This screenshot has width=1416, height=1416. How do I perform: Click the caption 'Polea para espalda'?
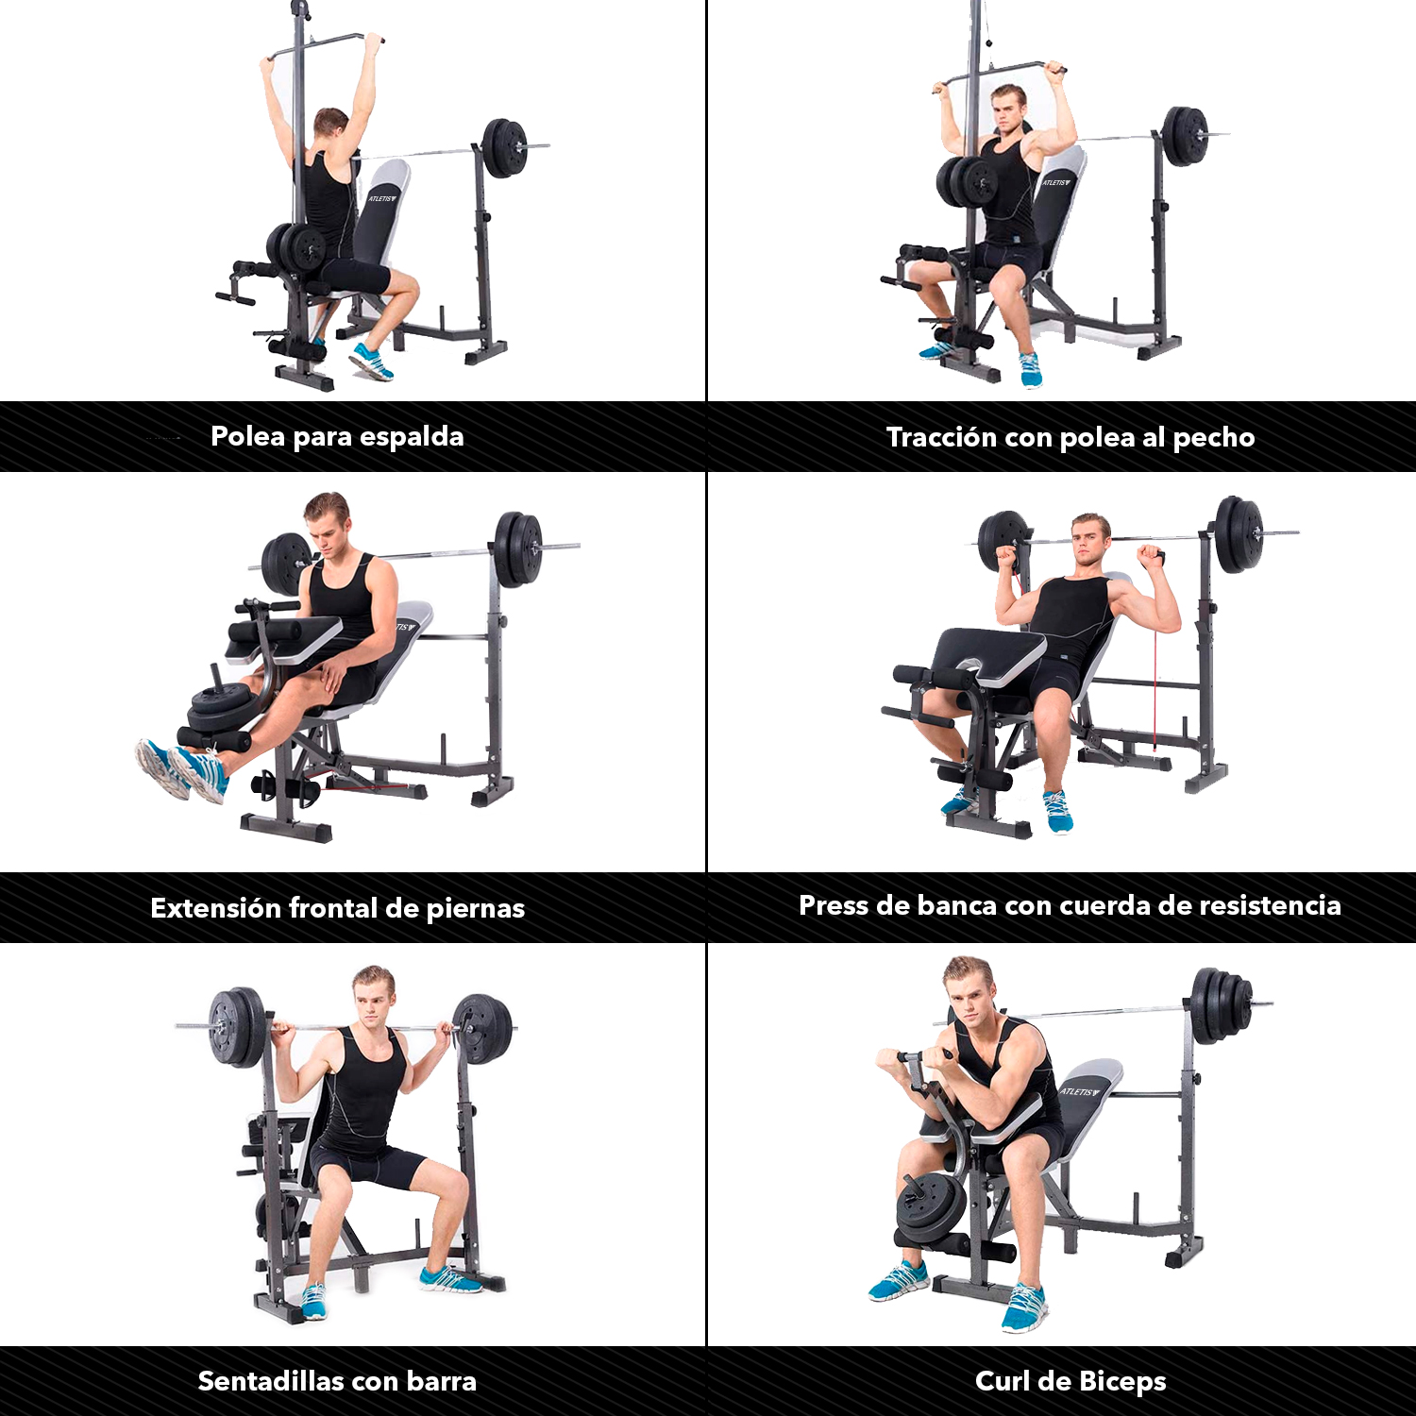337,436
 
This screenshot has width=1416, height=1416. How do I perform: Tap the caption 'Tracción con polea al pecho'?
1070,437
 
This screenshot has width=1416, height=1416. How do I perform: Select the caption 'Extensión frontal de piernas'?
337,908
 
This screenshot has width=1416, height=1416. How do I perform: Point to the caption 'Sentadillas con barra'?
337,1381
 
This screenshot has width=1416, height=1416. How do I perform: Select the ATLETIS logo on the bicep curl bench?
1080,1091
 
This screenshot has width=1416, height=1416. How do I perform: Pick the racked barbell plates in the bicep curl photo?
1222,1004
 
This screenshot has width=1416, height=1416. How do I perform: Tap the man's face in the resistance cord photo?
1089,542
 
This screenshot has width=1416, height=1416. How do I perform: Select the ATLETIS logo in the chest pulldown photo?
1056,181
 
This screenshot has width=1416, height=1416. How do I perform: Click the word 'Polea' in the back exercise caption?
248,436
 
